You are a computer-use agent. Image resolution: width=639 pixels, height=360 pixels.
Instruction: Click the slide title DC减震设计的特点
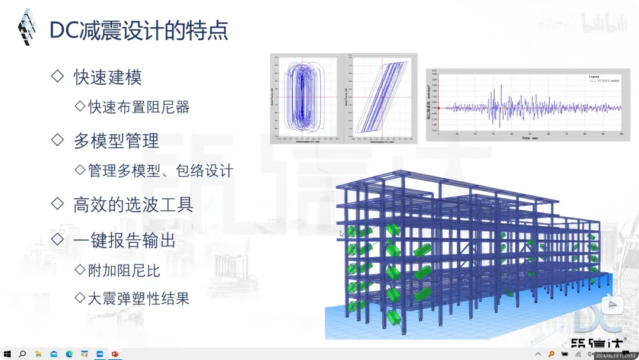(x=138, y=30)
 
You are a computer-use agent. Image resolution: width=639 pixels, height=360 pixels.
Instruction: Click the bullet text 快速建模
(x=108, y=77)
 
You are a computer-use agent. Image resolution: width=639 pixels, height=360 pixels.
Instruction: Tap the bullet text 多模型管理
(x=116, y=141)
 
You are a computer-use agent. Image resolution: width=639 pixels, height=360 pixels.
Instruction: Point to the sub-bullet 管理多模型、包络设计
(x=160, y=171)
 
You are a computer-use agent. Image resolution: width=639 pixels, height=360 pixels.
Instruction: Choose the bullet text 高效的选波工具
(x=133, y=205)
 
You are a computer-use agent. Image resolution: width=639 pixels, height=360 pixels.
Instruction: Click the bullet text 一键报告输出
(x=124, y=240)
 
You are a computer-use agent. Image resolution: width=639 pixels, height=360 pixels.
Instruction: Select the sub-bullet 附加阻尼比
(x=124, y=271)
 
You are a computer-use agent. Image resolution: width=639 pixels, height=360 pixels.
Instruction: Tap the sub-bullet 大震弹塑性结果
(x=139, y=298)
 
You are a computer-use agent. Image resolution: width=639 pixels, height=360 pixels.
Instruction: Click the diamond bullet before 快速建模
(x=57, y=76)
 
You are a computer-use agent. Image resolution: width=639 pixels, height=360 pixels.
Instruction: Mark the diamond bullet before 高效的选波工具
(x=57, y=204)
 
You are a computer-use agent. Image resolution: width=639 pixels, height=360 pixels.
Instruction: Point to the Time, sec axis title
(x=530, y=138)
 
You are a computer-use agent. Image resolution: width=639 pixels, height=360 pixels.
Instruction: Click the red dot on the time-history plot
(x=438, y=108)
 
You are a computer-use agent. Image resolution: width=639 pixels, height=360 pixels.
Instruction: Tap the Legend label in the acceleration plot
(x=594, y=77)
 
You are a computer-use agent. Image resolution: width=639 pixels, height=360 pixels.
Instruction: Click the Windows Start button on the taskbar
(x=8, y=354)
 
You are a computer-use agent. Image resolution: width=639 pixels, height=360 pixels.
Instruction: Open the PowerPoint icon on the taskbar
(x=115, y=354)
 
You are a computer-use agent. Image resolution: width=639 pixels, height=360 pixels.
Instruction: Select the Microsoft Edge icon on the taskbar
(x=69, y=354)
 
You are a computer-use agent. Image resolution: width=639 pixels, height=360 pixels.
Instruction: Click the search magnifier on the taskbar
(x=22, y=354)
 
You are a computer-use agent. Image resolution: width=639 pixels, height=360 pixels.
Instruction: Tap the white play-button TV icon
(x=612, y=306)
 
